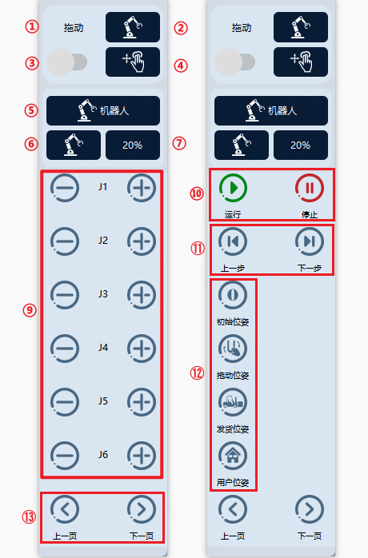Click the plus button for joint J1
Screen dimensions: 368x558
click(x=142, y=188)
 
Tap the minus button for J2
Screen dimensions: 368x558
click(x=65, y=241)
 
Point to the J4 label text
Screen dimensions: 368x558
click(x=103, y=347)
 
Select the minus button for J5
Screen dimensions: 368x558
click(x=65, y=402)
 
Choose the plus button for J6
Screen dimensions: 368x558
click(x=142, y=456)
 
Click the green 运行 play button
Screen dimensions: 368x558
click(x=233, y=188)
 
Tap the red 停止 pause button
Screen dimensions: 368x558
click(x=310, y=188)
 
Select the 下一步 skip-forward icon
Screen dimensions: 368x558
click(x=310, y=241)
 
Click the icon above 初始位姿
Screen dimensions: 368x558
click(x=233, y=295)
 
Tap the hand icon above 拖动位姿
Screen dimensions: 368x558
click(x=233, y=349)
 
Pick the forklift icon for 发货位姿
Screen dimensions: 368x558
click(x=233, y=402)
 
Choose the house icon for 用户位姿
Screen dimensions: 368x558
click(x=233, y=456)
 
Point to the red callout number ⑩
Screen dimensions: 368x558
click(x=197, y=193)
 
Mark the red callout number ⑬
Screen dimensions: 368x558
click(x=30, y=516)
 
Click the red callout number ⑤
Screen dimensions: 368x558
click(x=31, y=110)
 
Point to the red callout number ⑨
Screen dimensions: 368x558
click(x=30, y=310)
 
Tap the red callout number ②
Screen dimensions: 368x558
click(x=181, y=28)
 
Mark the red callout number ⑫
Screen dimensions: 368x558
click(x=197, y=373)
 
